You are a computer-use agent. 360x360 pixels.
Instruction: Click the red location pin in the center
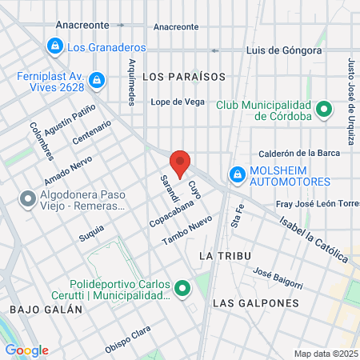click(x=181, y=163)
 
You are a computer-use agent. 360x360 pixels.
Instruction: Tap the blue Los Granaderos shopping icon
click(x=54, y=47)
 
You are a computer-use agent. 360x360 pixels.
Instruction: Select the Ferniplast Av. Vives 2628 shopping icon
click(x=97, y=80)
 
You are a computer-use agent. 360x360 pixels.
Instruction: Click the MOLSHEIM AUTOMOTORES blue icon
click(x=237, y=174)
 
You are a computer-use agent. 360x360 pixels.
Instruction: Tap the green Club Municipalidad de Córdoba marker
click(x=324, y=109)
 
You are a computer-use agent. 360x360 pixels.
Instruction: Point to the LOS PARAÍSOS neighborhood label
click(x=183, y=77)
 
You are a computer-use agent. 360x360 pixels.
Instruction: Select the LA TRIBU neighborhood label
click(x=224, y=255)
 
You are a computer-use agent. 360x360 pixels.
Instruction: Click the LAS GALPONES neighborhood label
click(x=255, y=304)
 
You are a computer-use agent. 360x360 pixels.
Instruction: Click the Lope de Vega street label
click(x=178, y=102)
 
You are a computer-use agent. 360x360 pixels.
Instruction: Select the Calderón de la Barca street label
click(x=299, y=154)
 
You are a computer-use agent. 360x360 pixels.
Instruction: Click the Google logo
click(x=26, y=350)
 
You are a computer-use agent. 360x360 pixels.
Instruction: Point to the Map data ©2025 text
click(x=324, y=354)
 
